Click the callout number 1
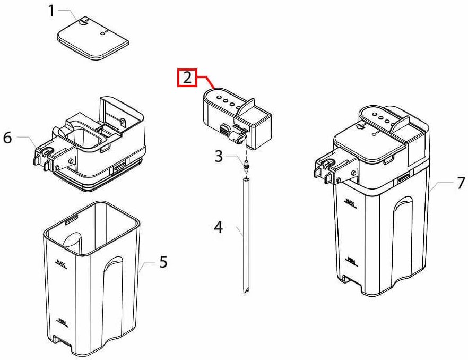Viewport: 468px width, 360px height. click(x=52, y=10)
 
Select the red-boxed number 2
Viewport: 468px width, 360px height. click(x=187, y=78)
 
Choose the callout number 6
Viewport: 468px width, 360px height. click(x=7, y=138)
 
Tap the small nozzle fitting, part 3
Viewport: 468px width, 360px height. click(x=246, y=166)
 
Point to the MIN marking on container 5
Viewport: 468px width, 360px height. click(x=62, y=322)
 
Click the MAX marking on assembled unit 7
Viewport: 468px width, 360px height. click(x=349, y=202)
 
